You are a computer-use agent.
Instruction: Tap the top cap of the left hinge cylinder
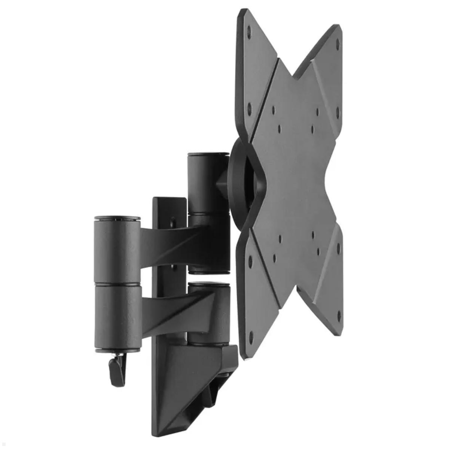(x=117, y=217)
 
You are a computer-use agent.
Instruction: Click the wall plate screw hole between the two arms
(x=173, y=268)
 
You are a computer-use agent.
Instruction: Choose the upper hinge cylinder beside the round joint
(x=208, y=183)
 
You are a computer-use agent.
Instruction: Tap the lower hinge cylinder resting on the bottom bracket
(x=209, y=312)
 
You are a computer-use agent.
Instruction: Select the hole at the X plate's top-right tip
(x=337, y=44)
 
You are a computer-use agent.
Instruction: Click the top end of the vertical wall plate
(x=169, y=200)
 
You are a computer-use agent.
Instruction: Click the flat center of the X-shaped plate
(x=296, y=180)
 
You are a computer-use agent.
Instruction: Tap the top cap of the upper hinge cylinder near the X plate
(x=208, y=154)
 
